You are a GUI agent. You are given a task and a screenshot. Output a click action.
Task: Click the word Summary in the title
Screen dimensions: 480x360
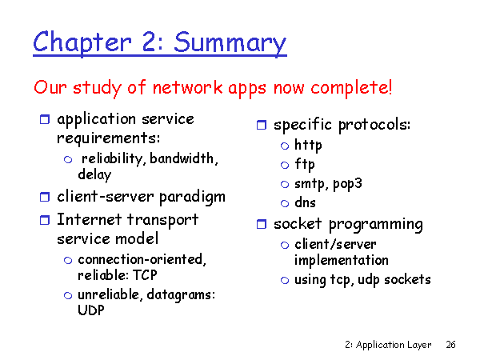point(230,43)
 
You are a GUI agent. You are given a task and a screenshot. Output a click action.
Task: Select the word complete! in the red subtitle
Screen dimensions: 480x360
point(351,88)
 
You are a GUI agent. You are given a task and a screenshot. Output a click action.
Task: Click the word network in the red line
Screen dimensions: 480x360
point(187,88)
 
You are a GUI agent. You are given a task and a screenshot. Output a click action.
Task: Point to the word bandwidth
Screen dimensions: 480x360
point(183,158)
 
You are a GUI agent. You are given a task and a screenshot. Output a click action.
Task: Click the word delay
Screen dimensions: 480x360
point(94,174)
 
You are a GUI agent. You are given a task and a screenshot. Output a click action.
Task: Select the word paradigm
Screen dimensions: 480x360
point(192,198)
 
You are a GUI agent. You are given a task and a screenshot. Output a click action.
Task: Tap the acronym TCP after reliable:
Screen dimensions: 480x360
point(145,275)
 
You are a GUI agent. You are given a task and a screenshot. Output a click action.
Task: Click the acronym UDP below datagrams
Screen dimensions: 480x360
point(91,310)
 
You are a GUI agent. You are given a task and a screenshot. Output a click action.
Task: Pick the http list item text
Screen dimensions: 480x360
point(308,145)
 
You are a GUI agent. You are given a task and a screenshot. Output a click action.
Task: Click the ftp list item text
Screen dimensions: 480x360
point(305,164)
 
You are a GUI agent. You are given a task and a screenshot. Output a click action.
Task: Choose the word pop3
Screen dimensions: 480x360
point(347,184)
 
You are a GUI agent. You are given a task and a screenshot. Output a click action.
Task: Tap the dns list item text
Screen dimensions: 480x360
point(305,202)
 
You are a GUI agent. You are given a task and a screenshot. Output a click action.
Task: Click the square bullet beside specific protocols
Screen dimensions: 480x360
point(262,125)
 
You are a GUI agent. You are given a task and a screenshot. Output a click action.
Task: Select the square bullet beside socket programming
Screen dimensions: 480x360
point(262,224)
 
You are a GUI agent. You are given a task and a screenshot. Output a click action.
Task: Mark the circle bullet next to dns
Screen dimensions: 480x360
point(285,203)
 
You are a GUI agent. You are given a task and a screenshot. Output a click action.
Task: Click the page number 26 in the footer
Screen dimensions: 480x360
point(450,345)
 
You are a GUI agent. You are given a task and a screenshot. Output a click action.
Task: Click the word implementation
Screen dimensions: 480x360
point(342,261)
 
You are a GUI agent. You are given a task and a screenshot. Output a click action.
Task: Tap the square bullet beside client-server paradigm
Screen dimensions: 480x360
point(45,197)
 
